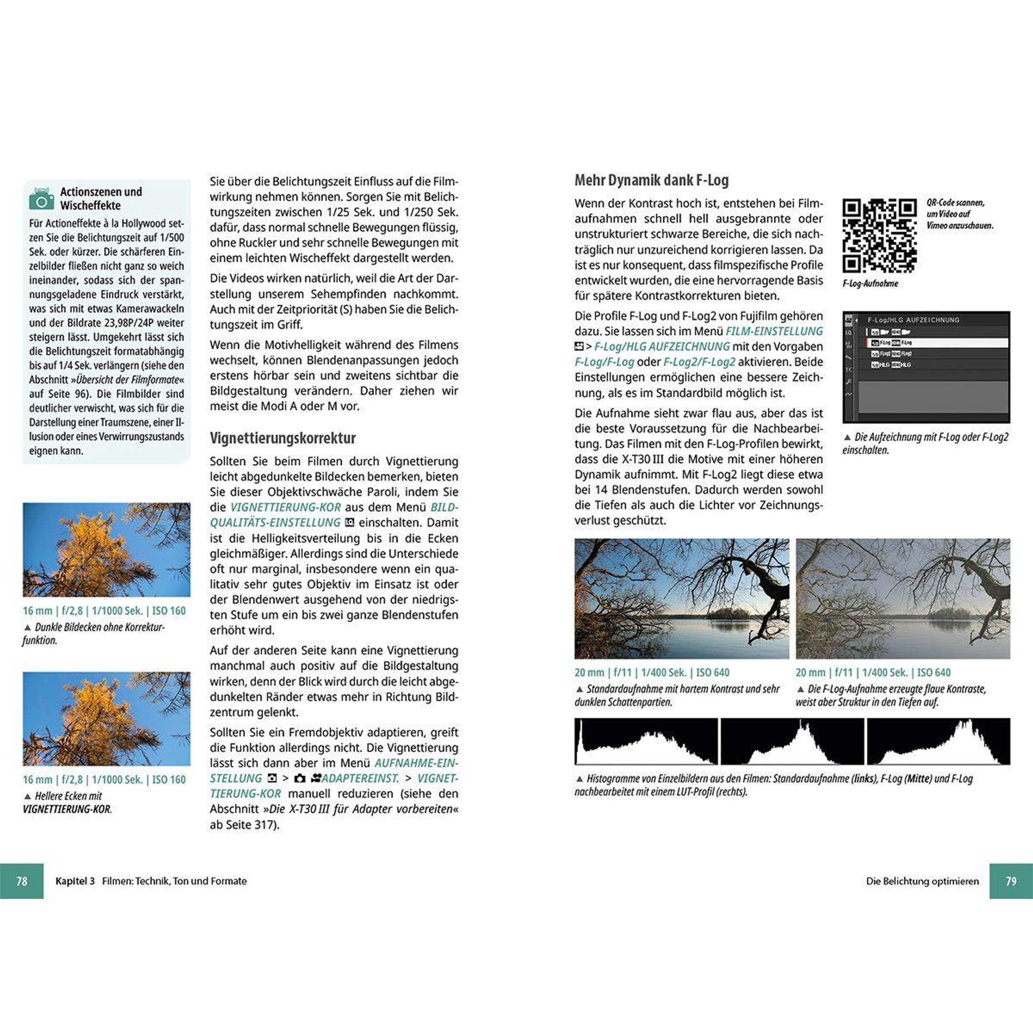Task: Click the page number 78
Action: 22,881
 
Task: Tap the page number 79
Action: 1011,881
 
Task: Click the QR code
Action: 879,235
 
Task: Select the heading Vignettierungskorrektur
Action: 282,438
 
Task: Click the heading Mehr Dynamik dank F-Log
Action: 651,180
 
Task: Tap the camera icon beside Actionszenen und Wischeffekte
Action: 41,198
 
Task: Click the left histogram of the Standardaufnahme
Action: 646,741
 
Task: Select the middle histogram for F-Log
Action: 792,741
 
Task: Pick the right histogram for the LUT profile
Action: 938,741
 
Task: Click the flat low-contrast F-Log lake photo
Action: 903,598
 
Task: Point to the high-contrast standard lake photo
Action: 681,598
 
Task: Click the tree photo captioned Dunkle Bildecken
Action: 106,549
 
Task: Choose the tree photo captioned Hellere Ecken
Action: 106,719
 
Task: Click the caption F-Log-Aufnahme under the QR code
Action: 870,283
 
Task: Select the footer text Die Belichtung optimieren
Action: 922,881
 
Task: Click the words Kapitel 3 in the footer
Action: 75,881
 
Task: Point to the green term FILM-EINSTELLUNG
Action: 774,331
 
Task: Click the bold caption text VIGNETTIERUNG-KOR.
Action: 67,809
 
